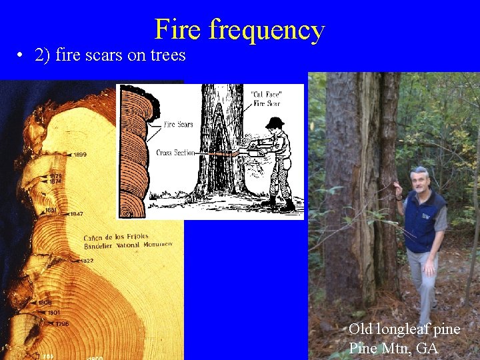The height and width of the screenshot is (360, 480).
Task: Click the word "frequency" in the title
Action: (x=267, y=30)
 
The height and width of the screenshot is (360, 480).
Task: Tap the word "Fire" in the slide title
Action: (x=179, y=30)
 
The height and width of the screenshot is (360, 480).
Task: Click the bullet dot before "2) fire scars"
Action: (x=22, y=56)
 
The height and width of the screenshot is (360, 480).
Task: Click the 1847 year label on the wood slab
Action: (x=76, y=214)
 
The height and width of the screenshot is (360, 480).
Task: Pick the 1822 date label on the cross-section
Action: (x=86, y=261)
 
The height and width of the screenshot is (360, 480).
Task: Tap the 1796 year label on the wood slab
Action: (x=61, y=324)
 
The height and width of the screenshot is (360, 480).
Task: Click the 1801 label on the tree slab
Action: (x=54, y=312)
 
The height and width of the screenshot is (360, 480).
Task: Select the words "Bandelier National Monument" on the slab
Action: (x=127, y=245)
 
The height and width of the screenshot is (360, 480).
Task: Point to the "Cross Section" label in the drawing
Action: (x=175, y=153)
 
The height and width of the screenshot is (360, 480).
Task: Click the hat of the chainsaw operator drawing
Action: (x=274, y=123)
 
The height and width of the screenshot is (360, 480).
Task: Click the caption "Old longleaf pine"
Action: (x=404, y=329)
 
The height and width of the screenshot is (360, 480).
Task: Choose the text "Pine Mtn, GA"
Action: (x=393, y=347)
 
